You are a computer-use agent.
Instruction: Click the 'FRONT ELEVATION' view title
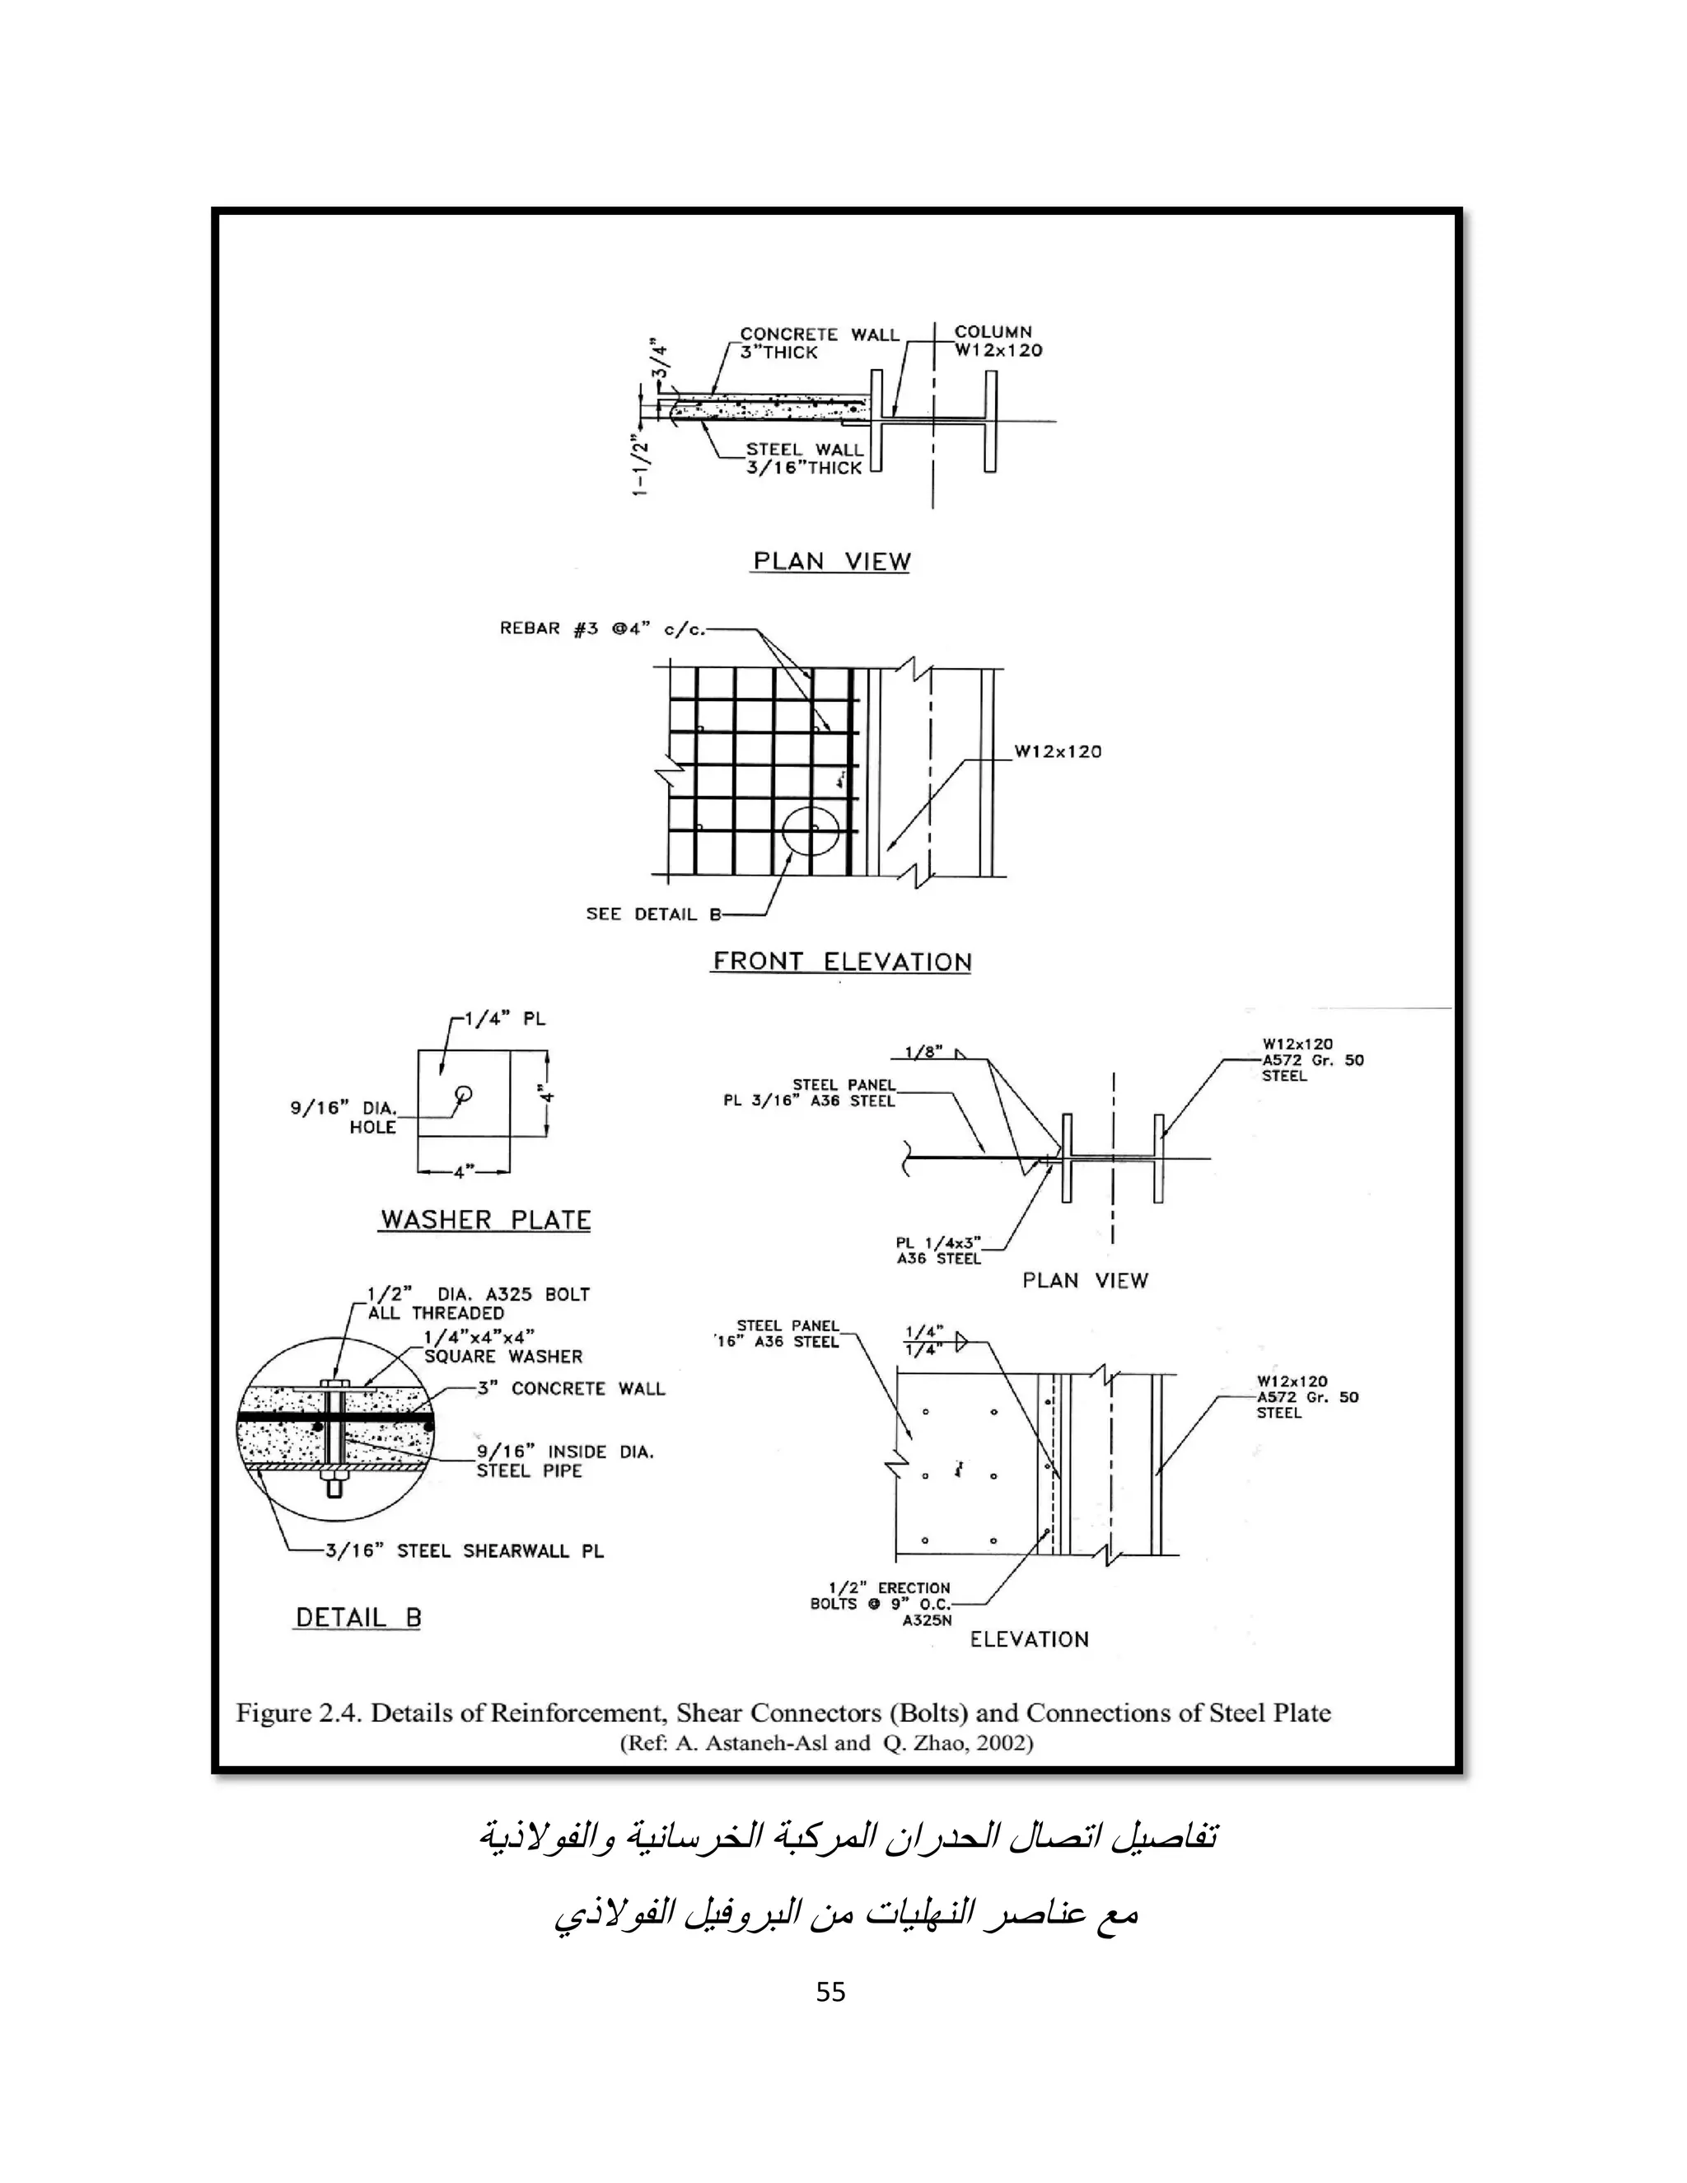842,961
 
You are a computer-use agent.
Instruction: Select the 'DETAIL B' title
357,1617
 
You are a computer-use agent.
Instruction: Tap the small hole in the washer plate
463,1091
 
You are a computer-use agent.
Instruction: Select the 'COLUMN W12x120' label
998,340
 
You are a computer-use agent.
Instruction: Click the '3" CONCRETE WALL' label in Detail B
571,1388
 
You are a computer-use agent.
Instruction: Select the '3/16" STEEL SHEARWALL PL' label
465,1550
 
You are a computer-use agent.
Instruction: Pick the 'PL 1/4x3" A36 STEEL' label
938,1250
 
